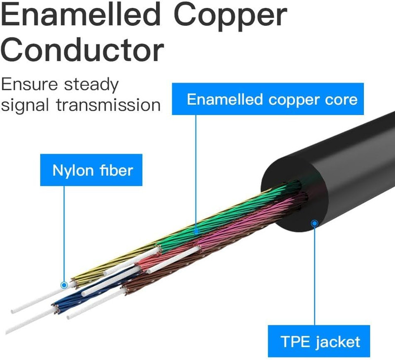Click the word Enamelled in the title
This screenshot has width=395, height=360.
point(80,14)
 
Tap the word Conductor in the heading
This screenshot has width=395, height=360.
point(82,49)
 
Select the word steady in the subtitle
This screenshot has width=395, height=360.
point(91,85)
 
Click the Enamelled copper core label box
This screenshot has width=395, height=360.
point(268,99)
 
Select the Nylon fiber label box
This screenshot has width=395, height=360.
point(91,170)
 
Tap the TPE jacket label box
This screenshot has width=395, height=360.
point(319,341)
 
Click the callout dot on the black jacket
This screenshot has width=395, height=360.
point(315,224)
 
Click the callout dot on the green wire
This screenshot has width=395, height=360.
point(197,231)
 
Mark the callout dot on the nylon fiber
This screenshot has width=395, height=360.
point(64,285)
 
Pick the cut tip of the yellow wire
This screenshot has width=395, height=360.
point(74,282)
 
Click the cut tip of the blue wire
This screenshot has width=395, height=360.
point(56,308)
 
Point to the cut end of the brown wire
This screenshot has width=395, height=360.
point(125,290)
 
